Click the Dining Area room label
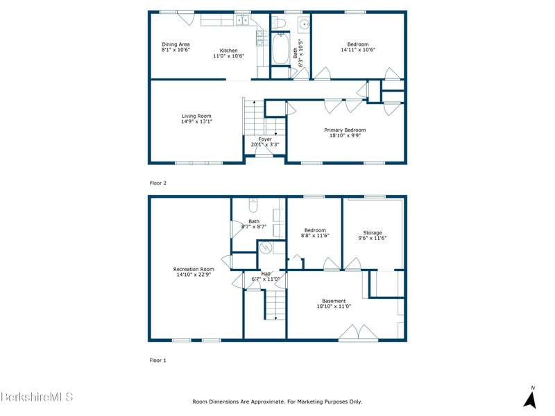click(176, 44)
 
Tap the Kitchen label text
click(229, 51)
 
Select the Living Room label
click(196, 116)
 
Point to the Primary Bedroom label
click(345, 130)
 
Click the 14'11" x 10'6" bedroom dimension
click(358, 50)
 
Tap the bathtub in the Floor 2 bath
click(280, 48)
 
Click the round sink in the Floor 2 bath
click(304, 24)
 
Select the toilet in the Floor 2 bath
click(281, 23)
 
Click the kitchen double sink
click(242, 21)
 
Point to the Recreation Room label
click(194, 269)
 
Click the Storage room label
click(373, 233)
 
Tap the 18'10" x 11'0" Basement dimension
click(334, 306)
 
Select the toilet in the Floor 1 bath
click(253, 205)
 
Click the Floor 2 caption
click(158, 183)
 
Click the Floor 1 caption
click(158, 360)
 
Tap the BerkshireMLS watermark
click(37, 397)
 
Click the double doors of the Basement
click(358, 333)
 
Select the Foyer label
click(265, 139)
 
